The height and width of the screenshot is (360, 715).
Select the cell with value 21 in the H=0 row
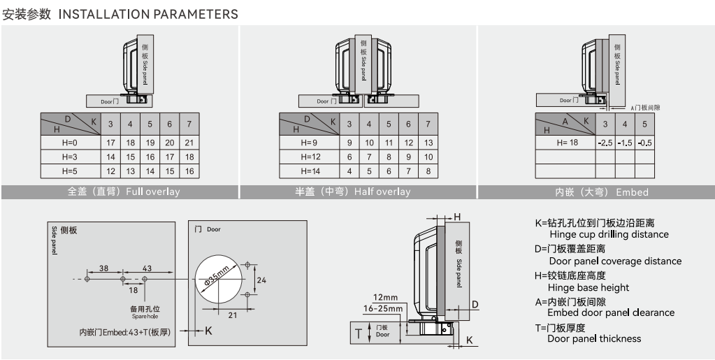(189, 143)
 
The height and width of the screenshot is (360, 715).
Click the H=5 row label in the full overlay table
(69, 171)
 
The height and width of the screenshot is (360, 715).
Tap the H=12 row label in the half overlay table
(310, 157)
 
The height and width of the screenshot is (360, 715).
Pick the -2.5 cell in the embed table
(605, 143)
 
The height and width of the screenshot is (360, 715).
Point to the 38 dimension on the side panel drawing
(103, 268)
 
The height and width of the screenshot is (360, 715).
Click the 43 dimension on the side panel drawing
(147, 268)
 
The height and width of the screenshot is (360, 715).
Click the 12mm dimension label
(386, 297)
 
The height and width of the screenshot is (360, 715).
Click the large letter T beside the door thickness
(359, 333)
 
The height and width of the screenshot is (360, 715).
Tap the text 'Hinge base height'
(588, 287)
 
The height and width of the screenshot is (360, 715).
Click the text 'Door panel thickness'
(594, 339)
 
